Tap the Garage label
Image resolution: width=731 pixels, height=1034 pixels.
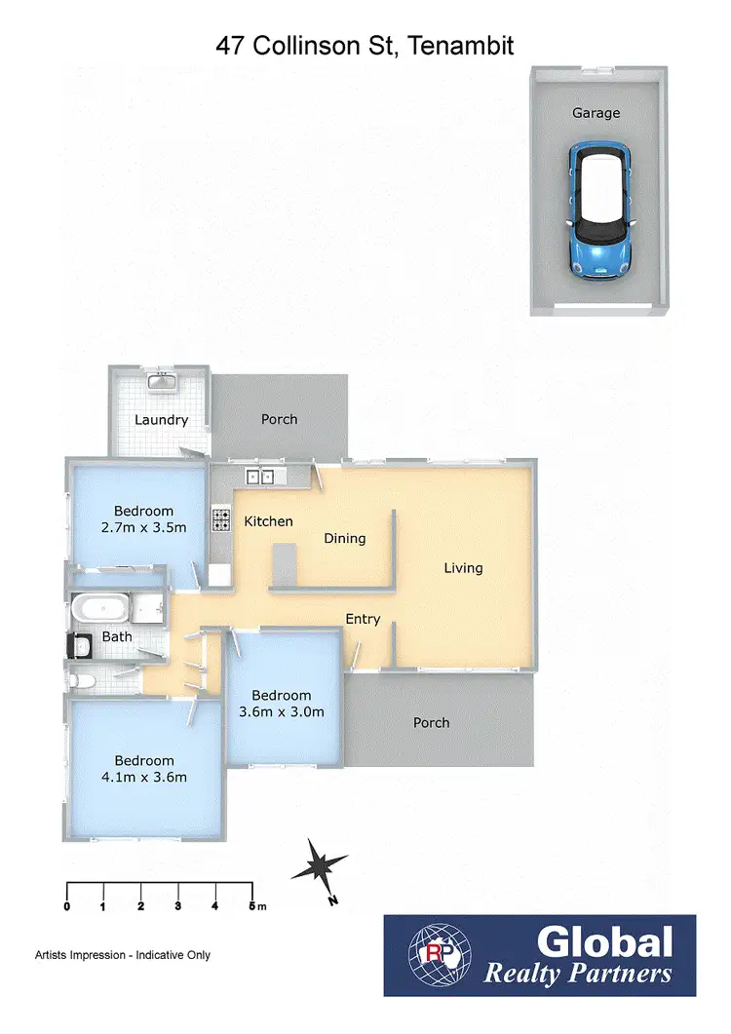click(596, 113)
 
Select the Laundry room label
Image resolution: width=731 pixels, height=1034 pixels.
click(161, 420)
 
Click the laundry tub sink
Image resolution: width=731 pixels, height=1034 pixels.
click(160, 381)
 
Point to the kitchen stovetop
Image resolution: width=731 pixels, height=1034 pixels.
click(221, 519)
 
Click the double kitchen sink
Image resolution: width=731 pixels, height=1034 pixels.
click(260, 477)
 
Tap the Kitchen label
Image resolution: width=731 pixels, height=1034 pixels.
click(268, 521)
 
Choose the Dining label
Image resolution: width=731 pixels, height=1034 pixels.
click(345, 538)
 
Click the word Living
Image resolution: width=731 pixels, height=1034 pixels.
click(463, 568)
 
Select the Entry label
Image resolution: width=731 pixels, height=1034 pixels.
click(363, 619)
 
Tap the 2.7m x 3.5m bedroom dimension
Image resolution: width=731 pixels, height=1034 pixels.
click(143, 526)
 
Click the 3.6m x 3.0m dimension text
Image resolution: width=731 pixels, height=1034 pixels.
click(282, 711)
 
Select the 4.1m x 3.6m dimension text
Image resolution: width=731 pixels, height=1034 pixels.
click(143, 777)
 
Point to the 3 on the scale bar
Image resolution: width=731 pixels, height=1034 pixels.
click(177, 906)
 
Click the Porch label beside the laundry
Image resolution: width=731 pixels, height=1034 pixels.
click(279, 419)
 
